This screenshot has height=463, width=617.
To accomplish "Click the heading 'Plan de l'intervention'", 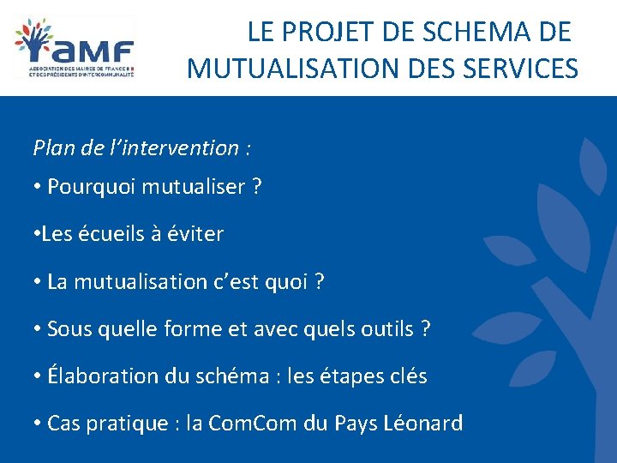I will [141, 148].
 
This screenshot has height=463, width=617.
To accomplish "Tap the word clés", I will [406, 376].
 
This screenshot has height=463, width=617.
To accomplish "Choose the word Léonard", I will [425, 423].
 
